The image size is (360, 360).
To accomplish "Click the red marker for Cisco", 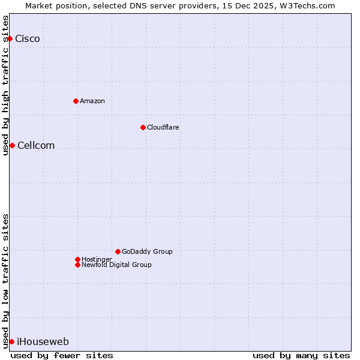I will [x=10, y=38].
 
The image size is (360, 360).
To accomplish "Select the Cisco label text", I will [x=28, y=39].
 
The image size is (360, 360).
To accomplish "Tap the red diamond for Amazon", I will [x=76, y=101].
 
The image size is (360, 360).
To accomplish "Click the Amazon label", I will [x=92, y=101].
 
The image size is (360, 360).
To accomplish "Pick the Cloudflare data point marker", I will [x=143, y=127].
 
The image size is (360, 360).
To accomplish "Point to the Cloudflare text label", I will [x=163, y=127].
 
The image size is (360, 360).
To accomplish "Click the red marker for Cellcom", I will [x=12, y=145].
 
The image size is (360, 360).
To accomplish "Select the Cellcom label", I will [x=36, y=146].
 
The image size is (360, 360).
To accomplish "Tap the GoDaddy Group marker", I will [x=118, y=251].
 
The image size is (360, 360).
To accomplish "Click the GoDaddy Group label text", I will [x=147, y=251].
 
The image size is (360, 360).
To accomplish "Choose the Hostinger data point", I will [x=77, y=259].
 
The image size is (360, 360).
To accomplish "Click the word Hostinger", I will [x=97, y=259].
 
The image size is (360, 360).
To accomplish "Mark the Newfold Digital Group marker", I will [x=77, y=265].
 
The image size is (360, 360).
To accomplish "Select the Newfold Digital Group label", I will [x=116, y=265].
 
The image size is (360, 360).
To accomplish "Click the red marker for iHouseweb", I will [x=11, y=341].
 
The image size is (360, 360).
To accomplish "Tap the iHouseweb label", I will [x=43, y=342].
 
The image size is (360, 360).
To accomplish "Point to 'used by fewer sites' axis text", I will [x=62, y=355].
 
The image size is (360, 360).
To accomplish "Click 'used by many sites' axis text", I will [x=301, y=355].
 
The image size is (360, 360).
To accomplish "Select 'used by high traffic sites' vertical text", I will [x=5, y=85].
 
